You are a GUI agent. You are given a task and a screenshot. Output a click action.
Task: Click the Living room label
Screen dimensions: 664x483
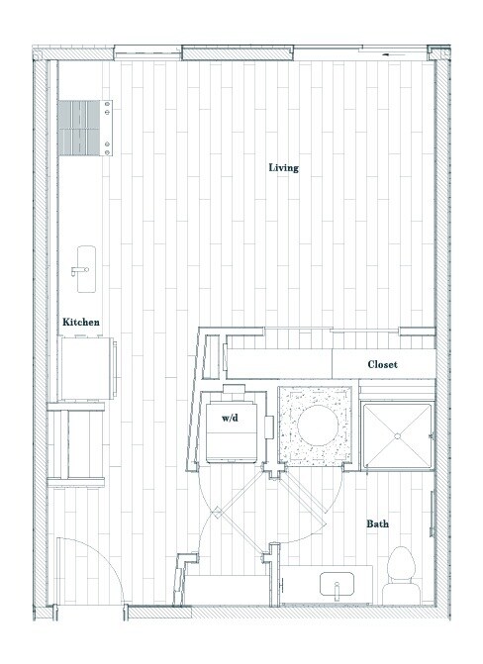click(x=283, y=167)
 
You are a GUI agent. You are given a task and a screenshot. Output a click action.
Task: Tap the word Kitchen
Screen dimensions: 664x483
click(x=80, y=323)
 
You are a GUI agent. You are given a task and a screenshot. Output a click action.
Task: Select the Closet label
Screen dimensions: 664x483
click(x=382, y=365)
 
